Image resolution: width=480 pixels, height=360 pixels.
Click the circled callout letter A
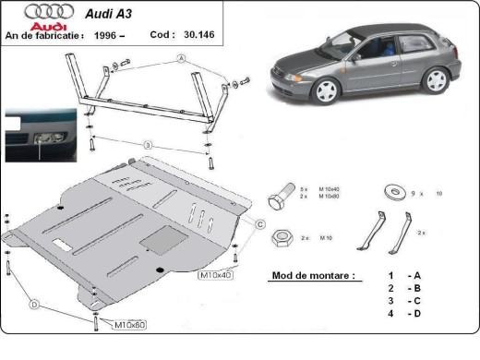click(182, 58)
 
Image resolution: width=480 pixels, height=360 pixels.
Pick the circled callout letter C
click(260, 224)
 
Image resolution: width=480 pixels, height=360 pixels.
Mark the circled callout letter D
click(34, 306)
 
